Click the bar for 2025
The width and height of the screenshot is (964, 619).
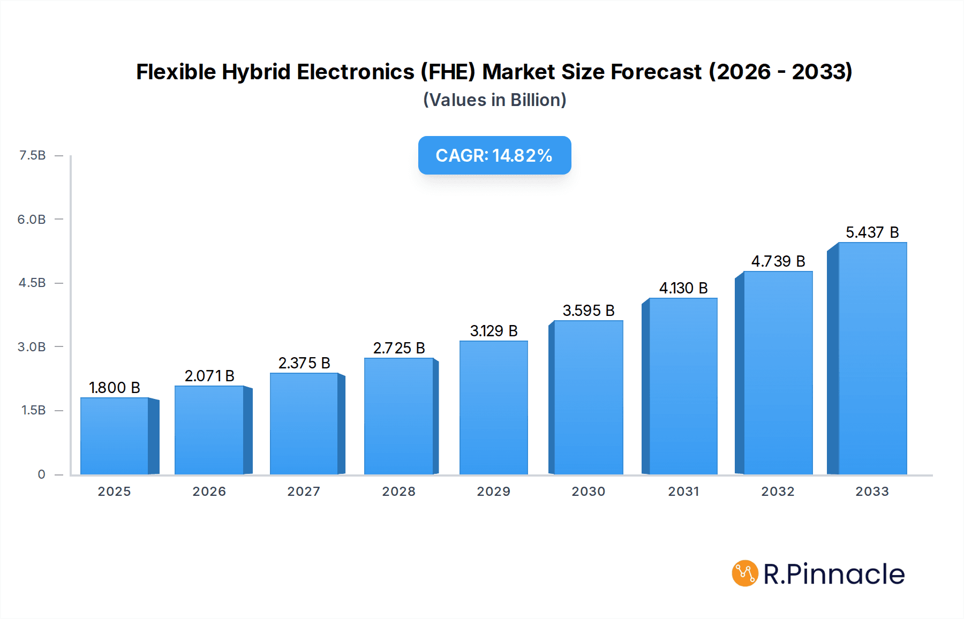115,436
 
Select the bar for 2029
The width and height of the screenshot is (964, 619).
493,408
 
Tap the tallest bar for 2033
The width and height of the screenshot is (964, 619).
872,359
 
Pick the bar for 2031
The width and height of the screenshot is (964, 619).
683,387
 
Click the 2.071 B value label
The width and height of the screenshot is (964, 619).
209,376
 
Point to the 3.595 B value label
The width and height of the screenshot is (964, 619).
588,311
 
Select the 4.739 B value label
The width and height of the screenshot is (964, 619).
778,261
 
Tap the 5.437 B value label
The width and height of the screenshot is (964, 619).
872,232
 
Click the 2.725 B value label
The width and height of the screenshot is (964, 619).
399,348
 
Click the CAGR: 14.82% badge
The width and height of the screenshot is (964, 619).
494,155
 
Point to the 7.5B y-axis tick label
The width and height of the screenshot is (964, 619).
32,155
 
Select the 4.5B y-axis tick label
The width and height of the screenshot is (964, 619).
32,283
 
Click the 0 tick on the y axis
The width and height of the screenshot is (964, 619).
41,474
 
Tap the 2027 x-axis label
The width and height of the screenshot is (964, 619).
304,492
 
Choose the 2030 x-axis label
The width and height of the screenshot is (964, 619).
588,492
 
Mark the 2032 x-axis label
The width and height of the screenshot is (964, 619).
778,492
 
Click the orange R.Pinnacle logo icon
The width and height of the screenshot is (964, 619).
745,573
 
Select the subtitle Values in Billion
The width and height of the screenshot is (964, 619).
494,100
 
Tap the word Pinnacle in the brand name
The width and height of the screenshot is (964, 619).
846,574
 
